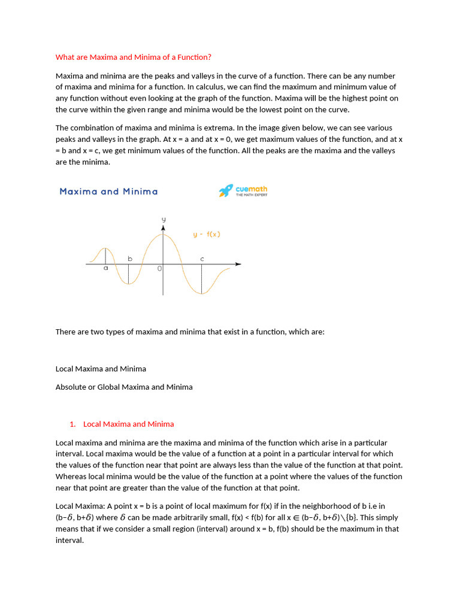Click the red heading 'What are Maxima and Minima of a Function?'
tap(133, 57)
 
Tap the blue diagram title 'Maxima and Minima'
tap(108, 192)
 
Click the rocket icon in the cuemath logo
tap(226, 191)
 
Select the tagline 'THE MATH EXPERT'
tap(251, 195)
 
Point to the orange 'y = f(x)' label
tap(207, 235)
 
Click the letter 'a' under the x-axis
tap(105, 269)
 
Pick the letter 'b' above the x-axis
tap(129, 259)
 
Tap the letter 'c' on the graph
tap(202, 259)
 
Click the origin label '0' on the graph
tap(159, 269)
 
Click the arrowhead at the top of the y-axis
tap(163, 228)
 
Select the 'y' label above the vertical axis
tap(163, 220)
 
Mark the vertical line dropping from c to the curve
tap(202, 279)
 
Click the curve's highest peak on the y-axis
tap(163, 235)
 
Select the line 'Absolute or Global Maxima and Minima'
tap(124, 387)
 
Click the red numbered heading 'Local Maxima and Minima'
tap(128, 424)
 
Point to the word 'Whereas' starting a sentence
tap(70, 477)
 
